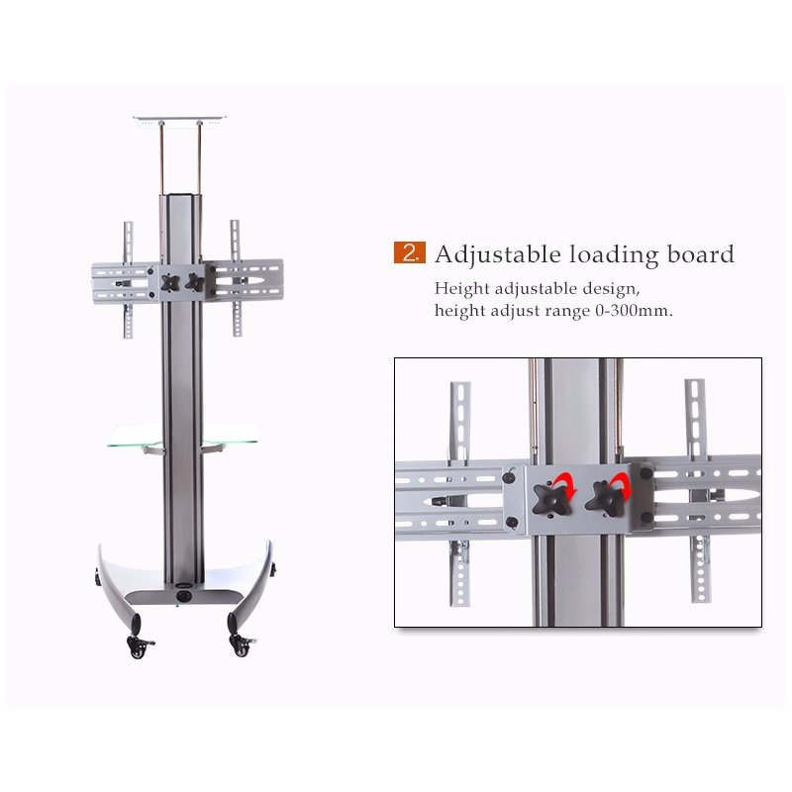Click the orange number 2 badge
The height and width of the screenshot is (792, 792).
click(410, 252)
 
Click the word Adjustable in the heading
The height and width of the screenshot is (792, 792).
click(498, 254)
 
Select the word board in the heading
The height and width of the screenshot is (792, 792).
click(701, 253)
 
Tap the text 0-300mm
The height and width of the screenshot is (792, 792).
click(634, 310)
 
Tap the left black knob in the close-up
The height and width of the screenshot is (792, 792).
click(551, 500)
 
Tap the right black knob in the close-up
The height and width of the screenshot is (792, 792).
click(605, 499)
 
